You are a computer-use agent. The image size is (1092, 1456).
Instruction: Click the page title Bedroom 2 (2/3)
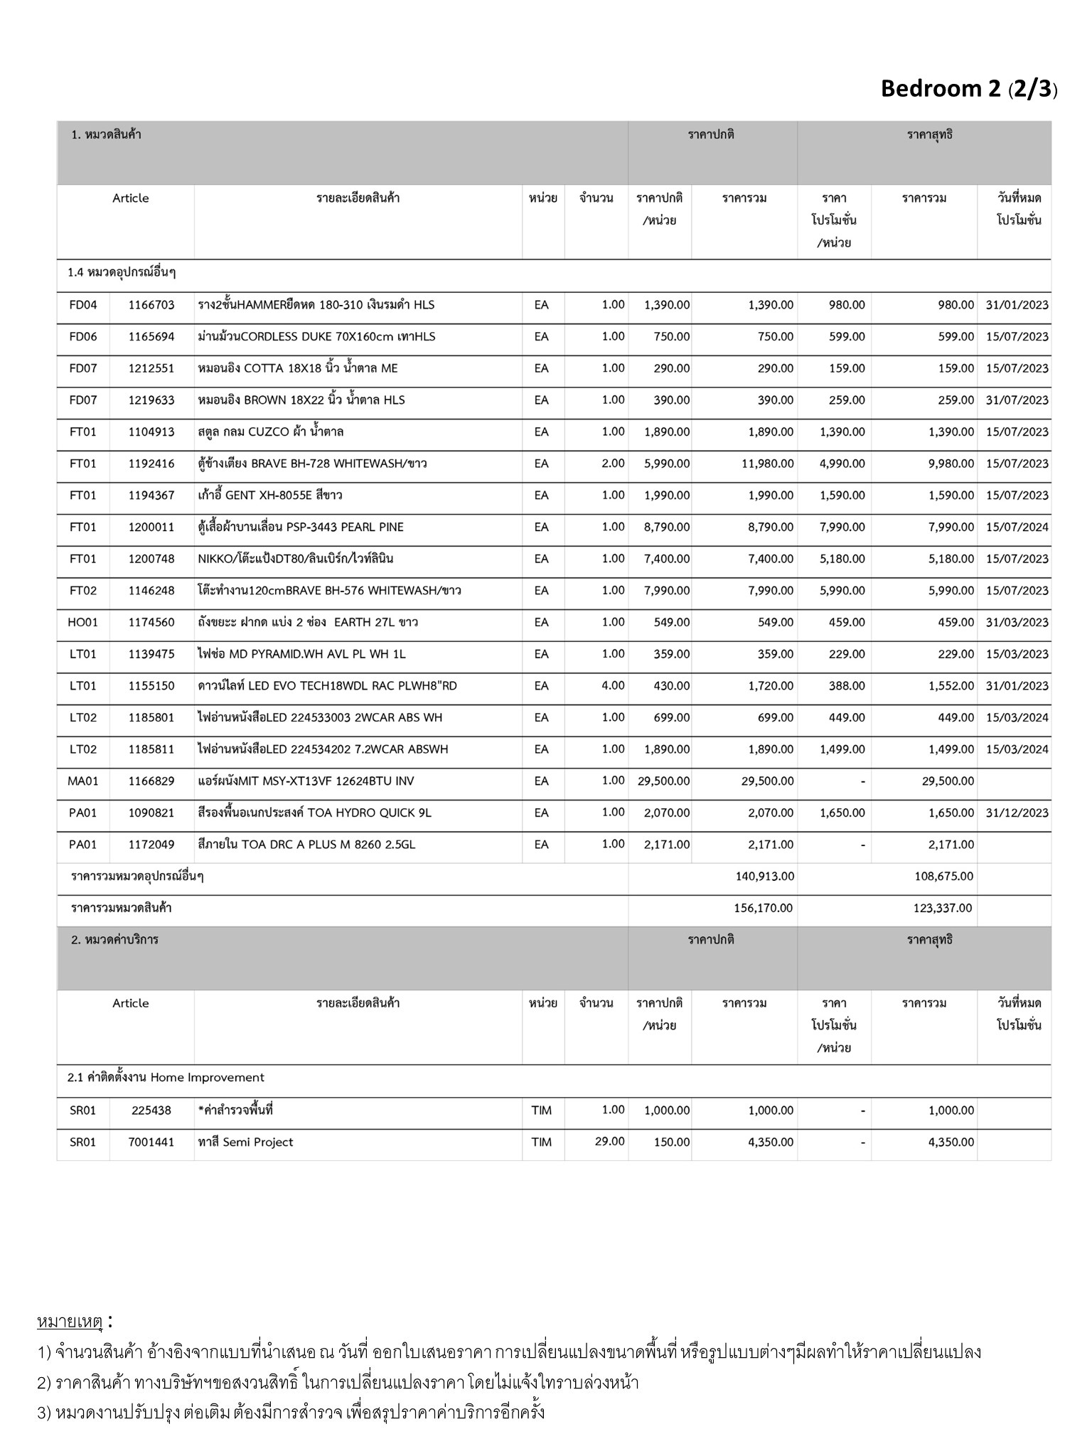click(968, 89)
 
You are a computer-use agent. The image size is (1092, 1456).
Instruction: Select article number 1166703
click(151, 305)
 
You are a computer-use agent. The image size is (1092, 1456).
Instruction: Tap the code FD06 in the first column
click(83, 337)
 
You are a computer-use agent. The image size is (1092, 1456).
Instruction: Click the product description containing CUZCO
click(271, 432)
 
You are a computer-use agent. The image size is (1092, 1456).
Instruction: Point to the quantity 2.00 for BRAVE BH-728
click(612, 464)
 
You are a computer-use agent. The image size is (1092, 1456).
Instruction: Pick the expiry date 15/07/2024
click(1017, 528)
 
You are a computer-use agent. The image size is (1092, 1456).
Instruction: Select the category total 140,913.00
click(764, 877)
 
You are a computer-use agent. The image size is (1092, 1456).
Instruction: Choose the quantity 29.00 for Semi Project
click(609, 1142)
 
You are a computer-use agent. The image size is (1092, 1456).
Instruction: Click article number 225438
click(151, 1110)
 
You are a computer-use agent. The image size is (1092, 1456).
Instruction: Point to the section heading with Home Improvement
click(166, 1078)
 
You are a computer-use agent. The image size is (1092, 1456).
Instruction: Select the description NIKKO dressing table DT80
click(295, 560)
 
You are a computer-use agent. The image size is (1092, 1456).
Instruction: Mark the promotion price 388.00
click(847, 686)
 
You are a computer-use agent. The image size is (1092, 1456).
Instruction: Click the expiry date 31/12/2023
click(1017, 813)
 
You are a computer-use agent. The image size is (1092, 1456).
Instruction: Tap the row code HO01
click(83, 623)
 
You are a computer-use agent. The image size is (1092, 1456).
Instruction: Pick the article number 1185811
click(151, 749)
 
